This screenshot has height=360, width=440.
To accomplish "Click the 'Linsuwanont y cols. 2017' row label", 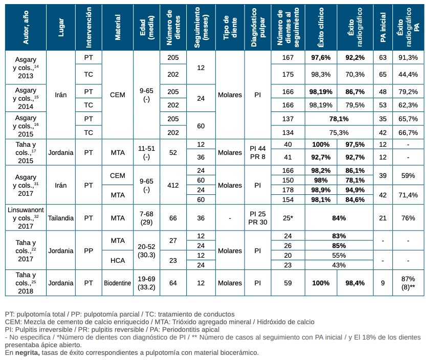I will point(25,218).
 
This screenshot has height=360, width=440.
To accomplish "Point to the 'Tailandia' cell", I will point(61,218).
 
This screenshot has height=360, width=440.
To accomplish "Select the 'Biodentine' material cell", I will point(118,283).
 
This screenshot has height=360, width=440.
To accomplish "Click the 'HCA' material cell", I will point(118,260).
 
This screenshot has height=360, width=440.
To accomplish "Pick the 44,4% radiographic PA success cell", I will point(409,75).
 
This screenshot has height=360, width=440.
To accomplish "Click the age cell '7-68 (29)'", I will point(146,218).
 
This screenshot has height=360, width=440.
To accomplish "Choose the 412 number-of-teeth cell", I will point(173,186).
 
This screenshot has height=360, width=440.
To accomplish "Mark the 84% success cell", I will point(338,218).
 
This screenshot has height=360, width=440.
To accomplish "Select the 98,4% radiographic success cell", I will point(355,283).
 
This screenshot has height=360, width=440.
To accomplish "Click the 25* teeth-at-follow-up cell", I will point(288,218).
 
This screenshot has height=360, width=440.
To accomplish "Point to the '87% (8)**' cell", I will point(409,283).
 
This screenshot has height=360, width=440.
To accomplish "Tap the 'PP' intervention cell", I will point(89,251).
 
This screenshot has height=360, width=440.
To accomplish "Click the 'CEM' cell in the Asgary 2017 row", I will point(118,175).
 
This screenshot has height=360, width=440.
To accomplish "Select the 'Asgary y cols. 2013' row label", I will point(25,67).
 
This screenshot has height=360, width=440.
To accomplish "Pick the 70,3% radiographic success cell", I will point(355,75).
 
